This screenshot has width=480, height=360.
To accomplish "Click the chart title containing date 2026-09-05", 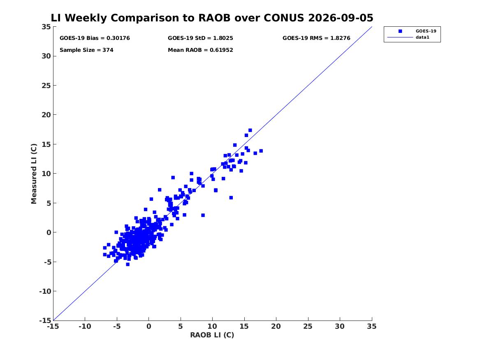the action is pyautogui.click(x=212, y=18).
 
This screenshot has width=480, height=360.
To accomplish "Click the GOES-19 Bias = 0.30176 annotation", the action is pyautogui.click(x=95, y=38).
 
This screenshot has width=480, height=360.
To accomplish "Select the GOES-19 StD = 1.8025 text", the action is pyautogui.click(x=200, y=38).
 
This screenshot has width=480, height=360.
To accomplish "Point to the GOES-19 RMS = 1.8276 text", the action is pyautogui.click(x=316, y=38).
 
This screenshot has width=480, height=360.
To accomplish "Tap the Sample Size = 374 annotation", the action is pyautogui.click(x=86, y=50).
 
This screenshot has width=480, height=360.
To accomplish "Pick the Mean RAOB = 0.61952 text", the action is pyautogui.click(x=200, y=50).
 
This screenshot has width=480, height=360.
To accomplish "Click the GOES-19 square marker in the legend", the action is pyautogui.click(x=400, y=31).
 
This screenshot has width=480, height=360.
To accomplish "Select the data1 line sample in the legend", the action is pyautogui.click(x=400, y=37).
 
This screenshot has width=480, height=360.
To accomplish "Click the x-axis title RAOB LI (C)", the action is pyautogui.click(x=212, y=335).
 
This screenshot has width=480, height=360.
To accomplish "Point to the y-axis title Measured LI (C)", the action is pyautogui.click(x=34, y=174).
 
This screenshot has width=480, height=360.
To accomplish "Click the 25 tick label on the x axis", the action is pyautogui.click(x=308, y=326).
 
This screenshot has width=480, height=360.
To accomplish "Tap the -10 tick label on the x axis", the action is pyautogui.click(x=85, y=326).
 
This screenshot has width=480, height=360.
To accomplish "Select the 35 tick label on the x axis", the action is pyautogui.click(x=372, y=326).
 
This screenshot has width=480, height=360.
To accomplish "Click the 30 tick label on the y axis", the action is pyautogui.click(x=46, y=56).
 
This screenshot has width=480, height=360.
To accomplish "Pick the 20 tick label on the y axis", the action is pyautogui.click(x=46, y=115).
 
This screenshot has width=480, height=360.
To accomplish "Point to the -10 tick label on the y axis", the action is pyautogui.click(x=45, y=291).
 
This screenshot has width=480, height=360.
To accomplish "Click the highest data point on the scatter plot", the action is pyautogui.click(x=250, y=130).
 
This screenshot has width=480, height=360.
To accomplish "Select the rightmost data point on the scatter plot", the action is pyautogui.click(x=261, y=151).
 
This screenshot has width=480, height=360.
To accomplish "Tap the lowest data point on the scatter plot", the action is pyautogui.click(x=128, y=264).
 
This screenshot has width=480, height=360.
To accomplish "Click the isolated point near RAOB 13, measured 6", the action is pyautogui.click(x=231, y=198).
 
